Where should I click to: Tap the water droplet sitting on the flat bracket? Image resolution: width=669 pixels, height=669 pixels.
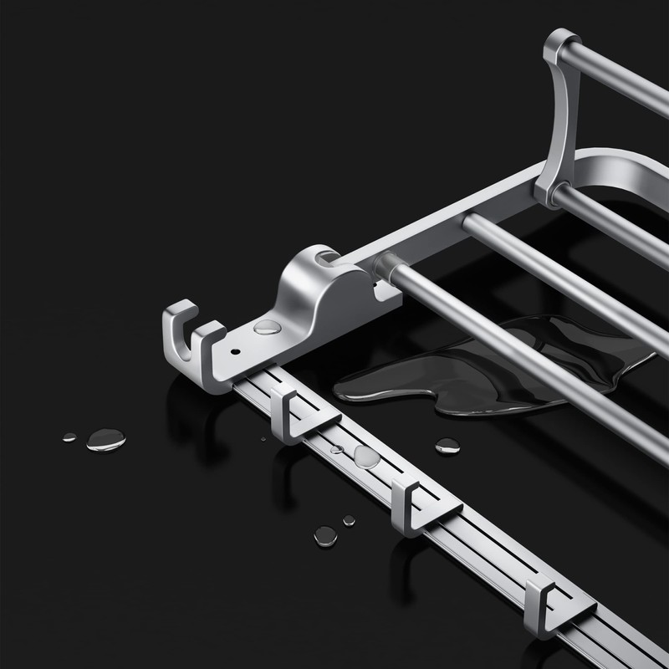[x=267, y=326]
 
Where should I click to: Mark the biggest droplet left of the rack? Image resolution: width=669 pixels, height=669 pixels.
[x=105, y=439]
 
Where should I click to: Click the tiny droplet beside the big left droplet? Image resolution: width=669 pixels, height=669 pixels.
[x=69, y=437]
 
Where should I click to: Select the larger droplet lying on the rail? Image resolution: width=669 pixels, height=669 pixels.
[x=366, y=456]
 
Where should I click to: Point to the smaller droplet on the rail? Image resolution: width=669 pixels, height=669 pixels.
[x=336, y=449]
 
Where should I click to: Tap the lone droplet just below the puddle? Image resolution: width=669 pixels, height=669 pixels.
[x=447, y=446]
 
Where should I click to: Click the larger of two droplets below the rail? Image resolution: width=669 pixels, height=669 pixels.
[x=325, y=536]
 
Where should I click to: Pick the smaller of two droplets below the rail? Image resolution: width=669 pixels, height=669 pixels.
[x=349, y=520]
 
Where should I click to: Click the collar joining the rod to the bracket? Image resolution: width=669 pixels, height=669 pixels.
[x=386, y=266]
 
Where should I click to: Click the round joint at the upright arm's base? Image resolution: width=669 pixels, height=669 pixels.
[x=549, y=192]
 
